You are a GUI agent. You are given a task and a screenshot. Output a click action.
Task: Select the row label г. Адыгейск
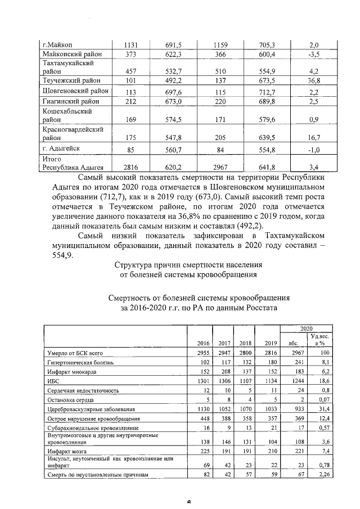[65, 149]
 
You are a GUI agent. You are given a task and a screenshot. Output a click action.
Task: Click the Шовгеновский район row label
[76, 91]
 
